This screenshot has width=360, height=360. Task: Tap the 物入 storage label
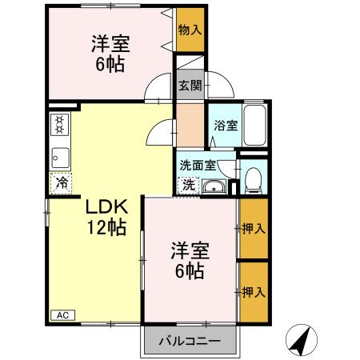point(190,30)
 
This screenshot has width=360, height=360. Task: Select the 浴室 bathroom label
point(226,126)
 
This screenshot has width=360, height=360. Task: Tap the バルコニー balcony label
point(192,339)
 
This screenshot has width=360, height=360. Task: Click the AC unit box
point(62,314)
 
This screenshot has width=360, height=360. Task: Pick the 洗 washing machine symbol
point(187,185)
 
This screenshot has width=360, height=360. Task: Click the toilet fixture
point(254,178)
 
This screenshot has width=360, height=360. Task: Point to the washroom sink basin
point(213,187)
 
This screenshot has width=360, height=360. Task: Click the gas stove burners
point(59,125)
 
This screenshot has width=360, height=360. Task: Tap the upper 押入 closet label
point(254,229)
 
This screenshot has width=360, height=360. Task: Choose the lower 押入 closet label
point(254,292)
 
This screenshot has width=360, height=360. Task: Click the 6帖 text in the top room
point(110,65)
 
